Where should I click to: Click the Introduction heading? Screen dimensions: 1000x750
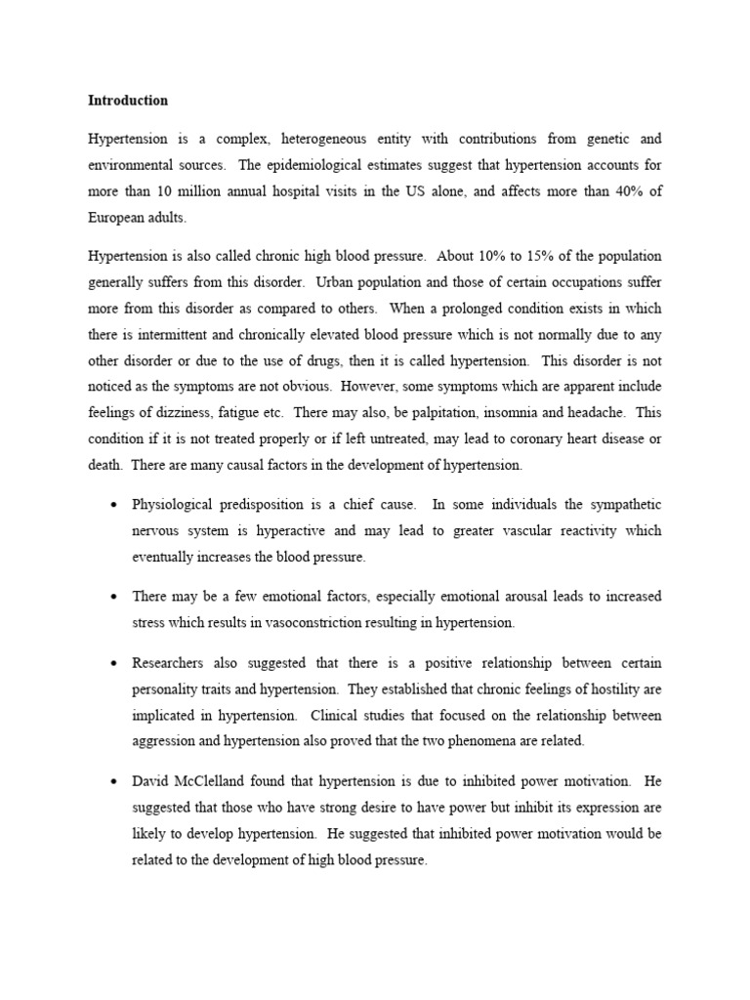[128, 101]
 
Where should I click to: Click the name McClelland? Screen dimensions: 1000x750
[216, 782]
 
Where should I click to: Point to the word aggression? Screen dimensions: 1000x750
[164, 740]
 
